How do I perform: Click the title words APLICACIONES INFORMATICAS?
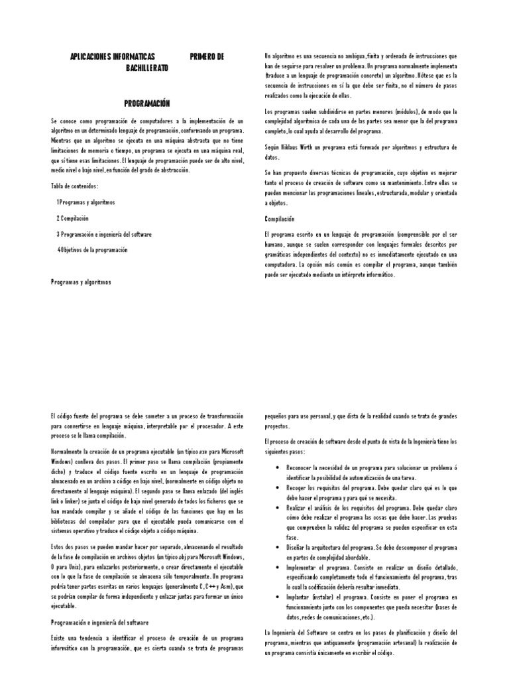(x=112, y=57)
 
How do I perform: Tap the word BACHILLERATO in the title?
(x=147, y=68)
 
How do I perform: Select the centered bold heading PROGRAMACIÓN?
(x=147, y=103)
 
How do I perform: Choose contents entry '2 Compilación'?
(x=72, y=218)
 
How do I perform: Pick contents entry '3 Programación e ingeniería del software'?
(x=104, y=234)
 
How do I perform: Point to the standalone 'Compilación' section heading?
(x=279, y=218)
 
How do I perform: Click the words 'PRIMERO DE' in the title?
(x=207, y=57)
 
